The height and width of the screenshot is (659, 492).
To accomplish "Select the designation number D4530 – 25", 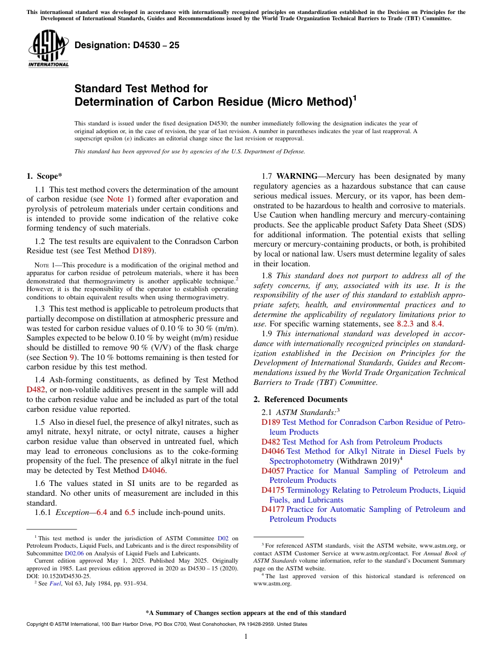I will click(127, 45).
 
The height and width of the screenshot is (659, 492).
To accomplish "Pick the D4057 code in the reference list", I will click(273, 471).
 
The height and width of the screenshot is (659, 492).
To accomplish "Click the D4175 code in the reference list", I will click(273, 490).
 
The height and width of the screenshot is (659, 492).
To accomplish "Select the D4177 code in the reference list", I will click(273, 509).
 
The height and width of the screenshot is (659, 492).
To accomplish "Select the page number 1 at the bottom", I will click(246, 637).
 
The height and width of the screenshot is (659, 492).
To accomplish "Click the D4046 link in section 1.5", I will click(154, 470).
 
